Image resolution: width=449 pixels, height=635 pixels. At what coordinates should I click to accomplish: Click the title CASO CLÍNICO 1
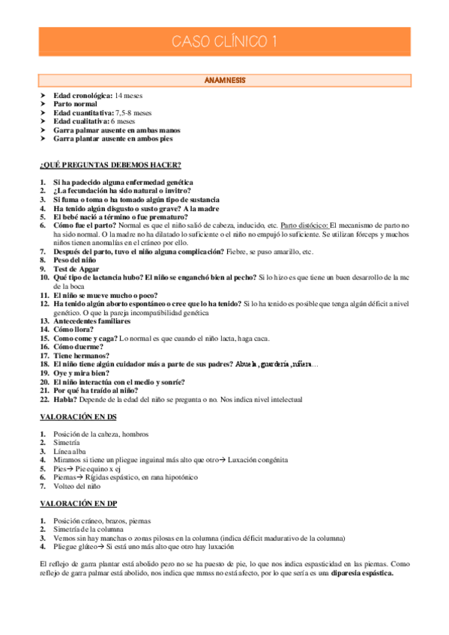click(224, 42)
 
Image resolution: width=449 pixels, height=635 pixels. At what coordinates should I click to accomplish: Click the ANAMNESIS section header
click(224, 79)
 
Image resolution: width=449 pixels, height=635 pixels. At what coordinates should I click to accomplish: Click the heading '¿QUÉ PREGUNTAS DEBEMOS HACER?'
click(110, 165)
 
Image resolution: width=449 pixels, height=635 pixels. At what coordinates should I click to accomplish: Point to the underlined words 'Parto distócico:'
click(304, 224)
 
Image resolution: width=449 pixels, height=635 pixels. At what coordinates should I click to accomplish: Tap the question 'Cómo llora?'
click(73, 329)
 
